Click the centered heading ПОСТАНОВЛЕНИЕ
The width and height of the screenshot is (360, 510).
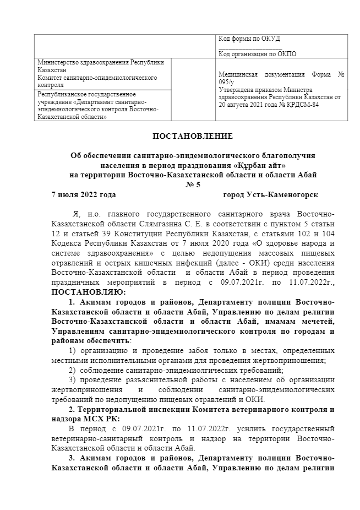pos(193,135)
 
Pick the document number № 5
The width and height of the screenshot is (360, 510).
pos(193,185)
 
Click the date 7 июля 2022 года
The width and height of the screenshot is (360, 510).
pos(83,194)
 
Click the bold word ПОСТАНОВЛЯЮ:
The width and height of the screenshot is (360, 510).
pos(88,291)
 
